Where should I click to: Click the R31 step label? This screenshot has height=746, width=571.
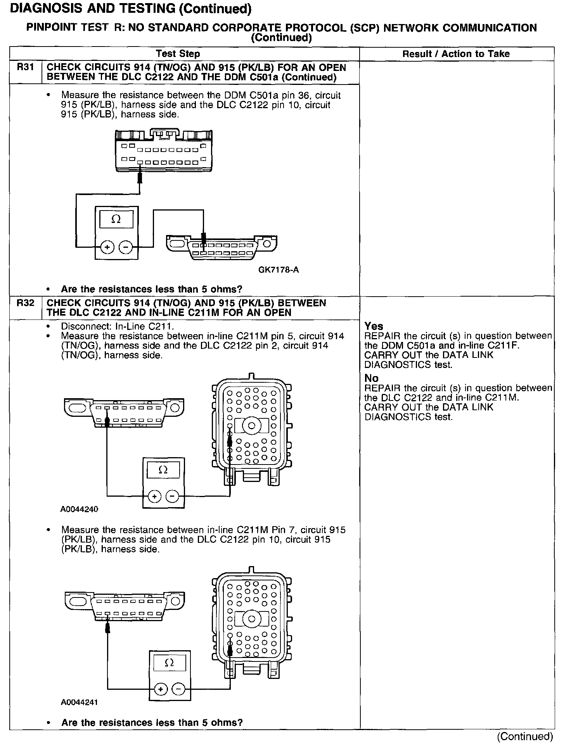25,67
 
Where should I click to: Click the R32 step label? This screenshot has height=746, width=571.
25,303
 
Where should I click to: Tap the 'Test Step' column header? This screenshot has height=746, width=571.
178,54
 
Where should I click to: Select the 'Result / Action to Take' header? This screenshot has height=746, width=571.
456,54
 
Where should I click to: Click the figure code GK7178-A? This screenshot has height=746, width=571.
279,270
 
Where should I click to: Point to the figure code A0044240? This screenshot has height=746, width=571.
79,509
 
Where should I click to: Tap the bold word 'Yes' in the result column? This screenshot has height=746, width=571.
374,326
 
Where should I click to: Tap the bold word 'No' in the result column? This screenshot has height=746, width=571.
371,378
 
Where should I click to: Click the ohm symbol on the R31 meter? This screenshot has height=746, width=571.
116,219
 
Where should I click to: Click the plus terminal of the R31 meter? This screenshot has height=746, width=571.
107,247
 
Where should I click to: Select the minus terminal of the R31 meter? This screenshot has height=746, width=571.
125,247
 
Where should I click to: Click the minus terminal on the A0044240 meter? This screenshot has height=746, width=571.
172,496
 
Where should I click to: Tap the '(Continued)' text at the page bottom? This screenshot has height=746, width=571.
525,736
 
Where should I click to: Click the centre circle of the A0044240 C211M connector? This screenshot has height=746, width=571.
251,426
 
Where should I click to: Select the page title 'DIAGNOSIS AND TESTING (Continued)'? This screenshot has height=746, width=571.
130,9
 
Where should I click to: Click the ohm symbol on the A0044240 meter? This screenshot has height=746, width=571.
163,470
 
